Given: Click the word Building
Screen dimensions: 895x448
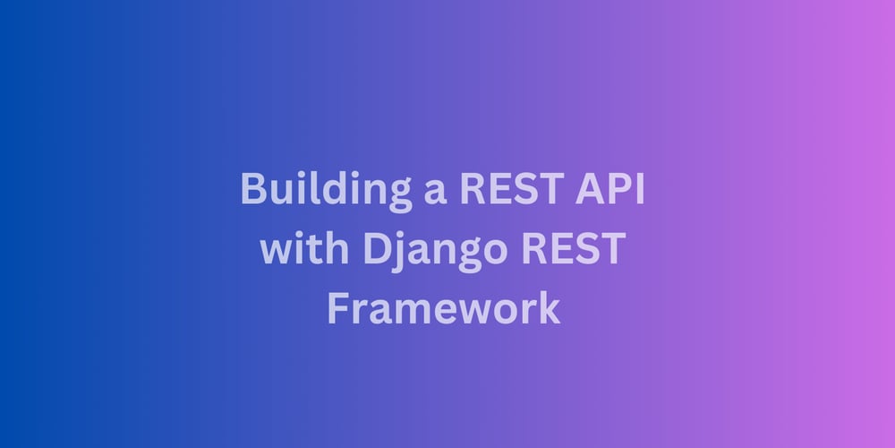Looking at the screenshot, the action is (x=326, y=191).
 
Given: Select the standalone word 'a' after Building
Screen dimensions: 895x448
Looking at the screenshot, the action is (x=435, y=194).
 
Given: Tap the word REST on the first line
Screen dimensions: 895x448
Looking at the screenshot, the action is (x=511, y=188).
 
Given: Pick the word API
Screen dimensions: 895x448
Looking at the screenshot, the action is (x=609, y=188).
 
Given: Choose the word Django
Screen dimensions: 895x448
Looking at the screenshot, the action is (x=435, y=252).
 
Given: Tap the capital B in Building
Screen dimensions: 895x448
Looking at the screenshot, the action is (x=254, y=188).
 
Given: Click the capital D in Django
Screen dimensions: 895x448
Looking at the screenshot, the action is (x=377, y=248).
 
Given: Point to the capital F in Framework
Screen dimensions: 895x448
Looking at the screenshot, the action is (x=338, y=307).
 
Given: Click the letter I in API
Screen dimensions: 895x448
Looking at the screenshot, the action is (x=641, y=188).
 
